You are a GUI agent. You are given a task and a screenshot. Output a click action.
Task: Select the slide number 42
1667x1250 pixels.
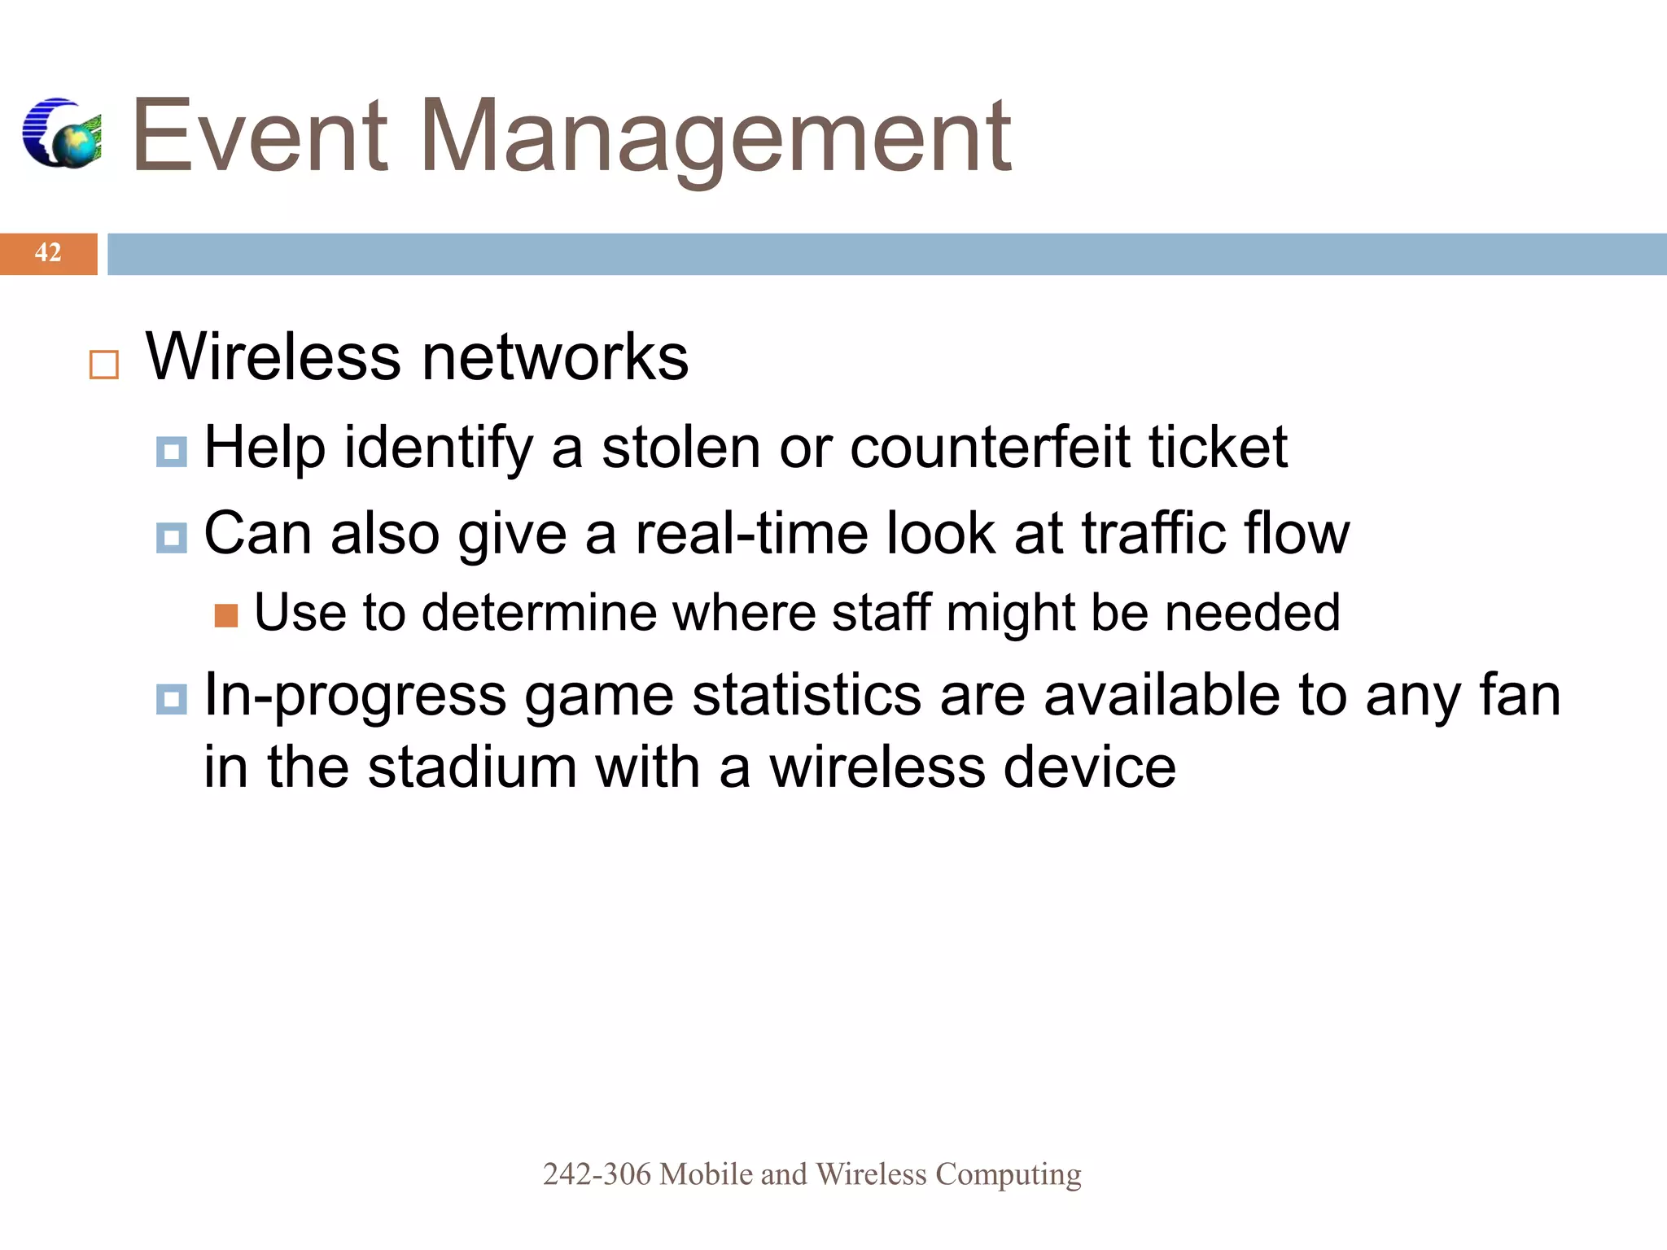click(x=48, y=253)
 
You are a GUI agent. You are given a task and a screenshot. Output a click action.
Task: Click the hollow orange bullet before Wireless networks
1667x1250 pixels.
click(x=104, y=365)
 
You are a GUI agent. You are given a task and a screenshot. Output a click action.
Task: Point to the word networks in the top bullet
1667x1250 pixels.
click(x=554, y=357)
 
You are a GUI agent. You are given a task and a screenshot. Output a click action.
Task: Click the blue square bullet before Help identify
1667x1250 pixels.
click(x=171, y=452)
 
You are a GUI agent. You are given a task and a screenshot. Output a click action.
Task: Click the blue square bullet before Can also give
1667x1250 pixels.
click(x=171, y=538)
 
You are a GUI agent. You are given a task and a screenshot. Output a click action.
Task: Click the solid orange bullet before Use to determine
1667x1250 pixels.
click(x=226, y=616)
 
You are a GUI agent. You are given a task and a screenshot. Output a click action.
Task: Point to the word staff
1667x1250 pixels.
click(x=882, y=612)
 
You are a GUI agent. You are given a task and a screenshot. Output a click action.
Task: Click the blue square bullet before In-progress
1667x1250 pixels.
click(x=171, y=699)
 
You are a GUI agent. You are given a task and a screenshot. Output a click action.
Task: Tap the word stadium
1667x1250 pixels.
click(x=472, y=767)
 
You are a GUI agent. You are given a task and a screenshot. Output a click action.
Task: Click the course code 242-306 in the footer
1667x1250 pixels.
click(x=597, y=1174)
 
